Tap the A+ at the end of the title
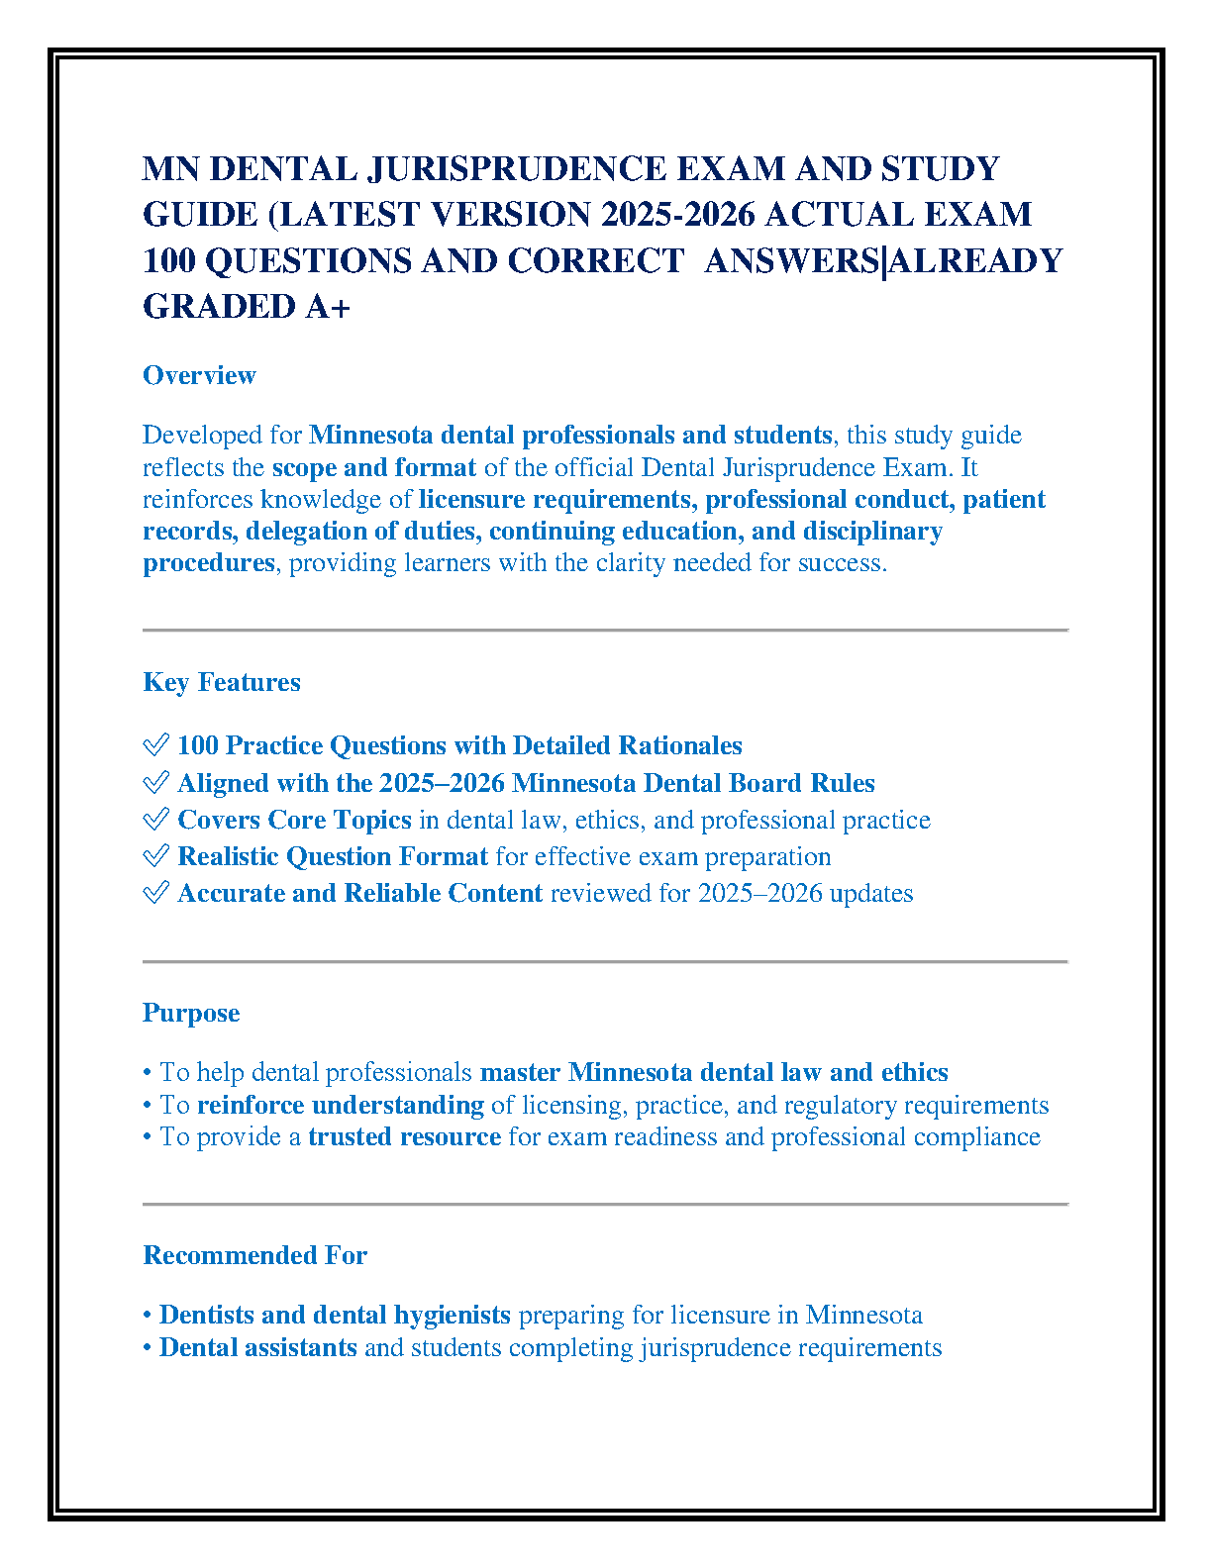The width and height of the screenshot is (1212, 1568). pyautogui.click(x=328, y=307)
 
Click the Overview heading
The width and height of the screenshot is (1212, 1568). pyautogui.click(x=199, y=375)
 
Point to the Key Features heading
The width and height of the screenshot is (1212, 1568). pyautogui.click(x=222, y=682)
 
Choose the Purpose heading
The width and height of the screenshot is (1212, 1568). pyautogui.click(x=191, y=1013)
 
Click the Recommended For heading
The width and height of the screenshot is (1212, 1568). pyautogui.click(x=254, y=1255)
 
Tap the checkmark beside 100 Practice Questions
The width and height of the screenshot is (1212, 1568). pyautogui.click(x=155, y=745)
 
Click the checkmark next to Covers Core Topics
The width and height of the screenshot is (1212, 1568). pyautogui.click(x=155, y=820)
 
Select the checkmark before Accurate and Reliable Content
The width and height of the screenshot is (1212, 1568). pyautogui.click(x=155, y=893)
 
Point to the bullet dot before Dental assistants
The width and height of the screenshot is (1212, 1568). pyautogui.click(x=148, y=1348)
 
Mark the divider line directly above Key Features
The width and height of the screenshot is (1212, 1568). pyautogui.click(x=605, y=630)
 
